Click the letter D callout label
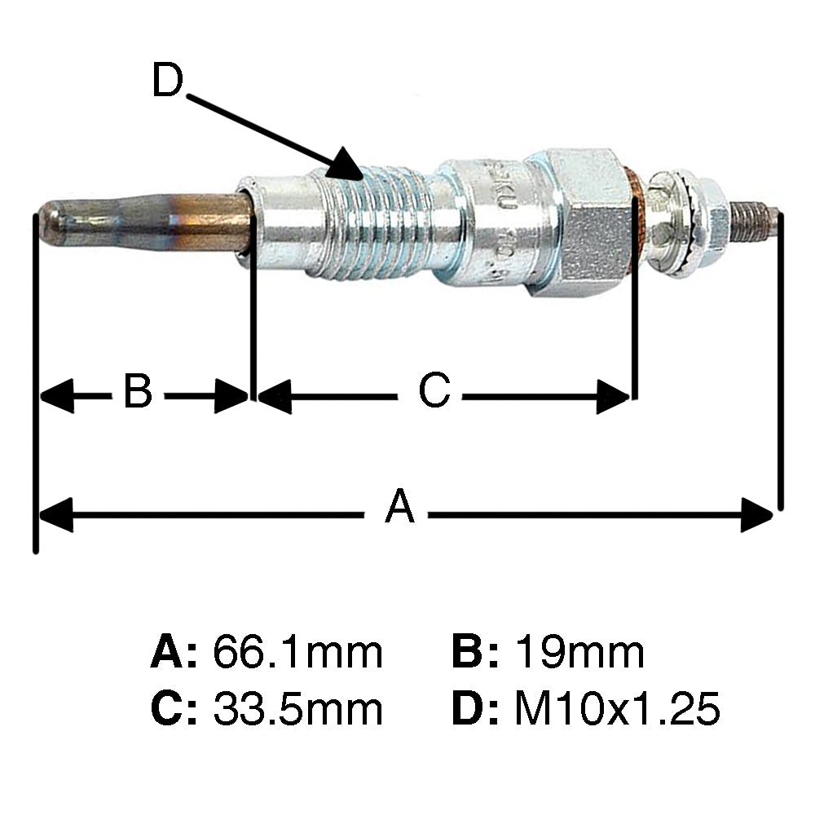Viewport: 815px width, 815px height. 169,81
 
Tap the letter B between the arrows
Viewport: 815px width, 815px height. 138,392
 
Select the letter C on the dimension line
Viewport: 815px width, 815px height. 434,392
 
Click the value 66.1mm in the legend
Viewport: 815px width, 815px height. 297,653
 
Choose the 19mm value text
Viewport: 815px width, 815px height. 579,653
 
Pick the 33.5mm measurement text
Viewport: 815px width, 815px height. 297,709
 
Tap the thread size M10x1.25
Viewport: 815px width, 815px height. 617,709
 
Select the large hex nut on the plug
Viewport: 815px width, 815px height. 579,222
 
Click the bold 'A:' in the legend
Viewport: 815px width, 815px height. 174,653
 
